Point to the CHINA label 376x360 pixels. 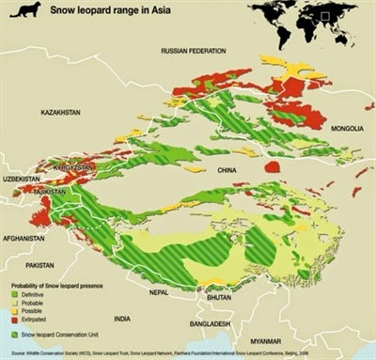coord(227,171)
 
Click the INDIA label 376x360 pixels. coord(122,320)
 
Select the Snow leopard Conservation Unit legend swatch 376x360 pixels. coord(14,333)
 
